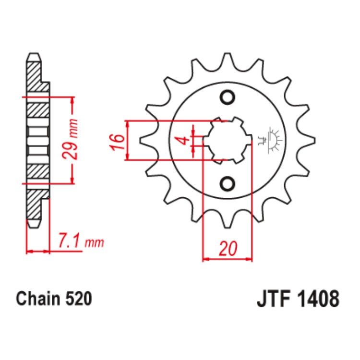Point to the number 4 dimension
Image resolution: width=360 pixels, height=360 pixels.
tap(182, 140)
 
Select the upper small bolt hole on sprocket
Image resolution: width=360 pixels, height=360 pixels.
tap(227, 98)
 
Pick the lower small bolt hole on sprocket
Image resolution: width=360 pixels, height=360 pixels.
tap(227, 183)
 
